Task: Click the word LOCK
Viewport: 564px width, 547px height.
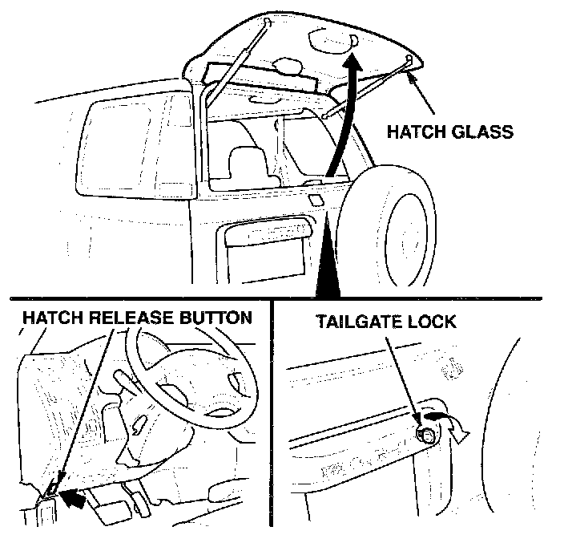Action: pos(430,322)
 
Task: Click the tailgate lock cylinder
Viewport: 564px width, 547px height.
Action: pos(425,436)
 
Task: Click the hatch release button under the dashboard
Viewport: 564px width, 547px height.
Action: pos(51,488)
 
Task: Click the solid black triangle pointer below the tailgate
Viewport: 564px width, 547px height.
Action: pos(328,265)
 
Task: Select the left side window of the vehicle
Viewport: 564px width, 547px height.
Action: pos(136,145)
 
